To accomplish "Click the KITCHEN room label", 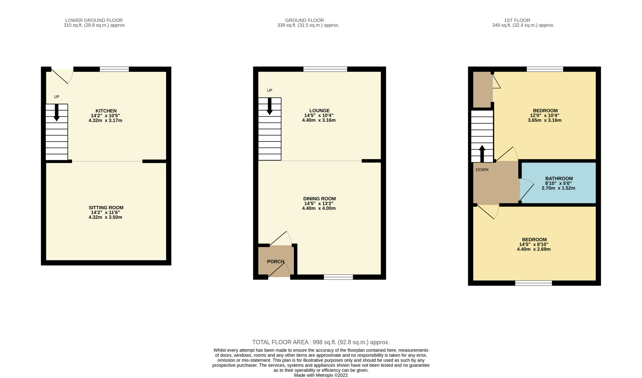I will pos(106,111).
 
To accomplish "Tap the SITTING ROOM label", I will pos(106,208).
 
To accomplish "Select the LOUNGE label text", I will pos(319,110).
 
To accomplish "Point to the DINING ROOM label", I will pos(319,198).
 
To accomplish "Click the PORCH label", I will pos(276,261).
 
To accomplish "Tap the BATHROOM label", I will pos(559,178).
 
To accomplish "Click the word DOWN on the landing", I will pos(482,170).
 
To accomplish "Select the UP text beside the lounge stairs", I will pos(270,90).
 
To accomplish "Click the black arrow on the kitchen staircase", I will pos(57,113).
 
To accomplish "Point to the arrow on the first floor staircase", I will pos(482,154).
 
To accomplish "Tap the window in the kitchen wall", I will pos(114,69).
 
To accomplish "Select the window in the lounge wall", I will pos(325,69).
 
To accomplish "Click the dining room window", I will pos(338,277).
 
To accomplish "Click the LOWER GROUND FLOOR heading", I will pos(94,20).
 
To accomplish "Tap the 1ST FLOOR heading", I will pos(517,20).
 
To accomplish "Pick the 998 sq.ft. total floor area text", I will pos(321,342).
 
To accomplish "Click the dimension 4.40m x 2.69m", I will pos(534,249).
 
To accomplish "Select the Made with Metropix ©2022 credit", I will pos(321,375).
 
